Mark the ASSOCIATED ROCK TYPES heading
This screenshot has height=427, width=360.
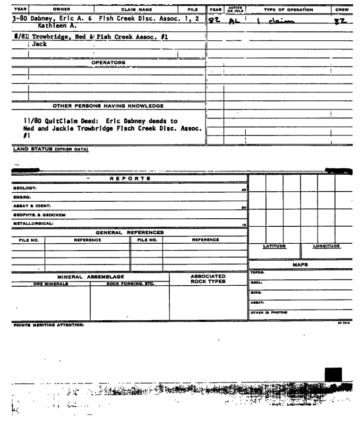click(x=208, y=279)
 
